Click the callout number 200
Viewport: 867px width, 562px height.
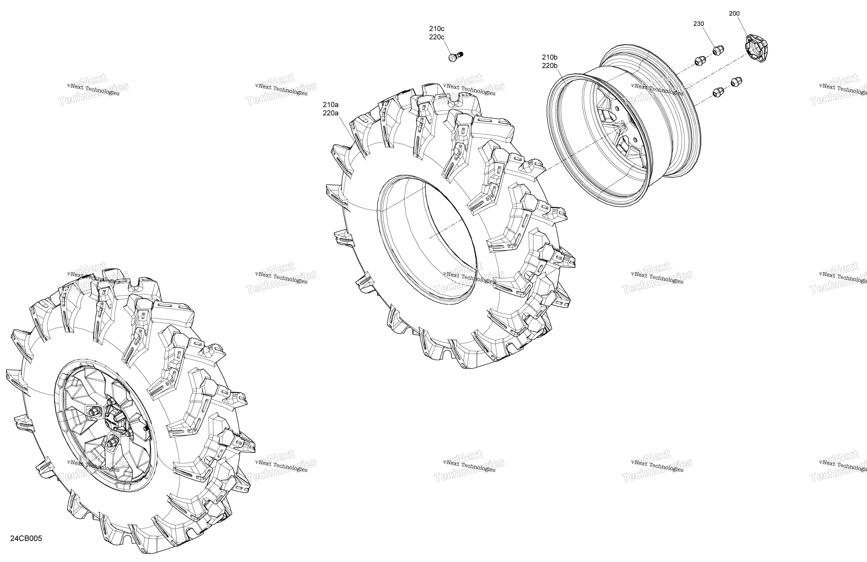(734, 14)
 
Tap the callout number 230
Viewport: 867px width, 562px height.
(698, 24)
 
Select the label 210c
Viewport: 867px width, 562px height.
(436, 28)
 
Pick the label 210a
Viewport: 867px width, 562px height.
(330, 105)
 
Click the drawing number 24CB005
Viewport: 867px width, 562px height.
(26, 538)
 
